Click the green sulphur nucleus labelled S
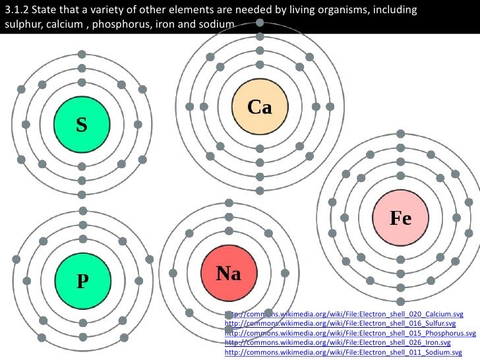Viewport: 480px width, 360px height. click(x=81, y=124)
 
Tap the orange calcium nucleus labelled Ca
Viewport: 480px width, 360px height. click(x=260, y=107)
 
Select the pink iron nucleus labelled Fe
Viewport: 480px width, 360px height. click(x=400, y=218)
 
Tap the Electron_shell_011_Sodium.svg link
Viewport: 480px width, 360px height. click(x=343, y=353)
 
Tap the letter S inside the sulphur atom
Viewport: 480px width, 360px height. click(x=81, y=124)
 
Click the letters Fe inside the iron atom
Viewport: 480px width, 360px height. click(x=400, y=218)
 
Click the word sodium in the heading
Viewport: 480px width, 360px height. click(x=218, y=24)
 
